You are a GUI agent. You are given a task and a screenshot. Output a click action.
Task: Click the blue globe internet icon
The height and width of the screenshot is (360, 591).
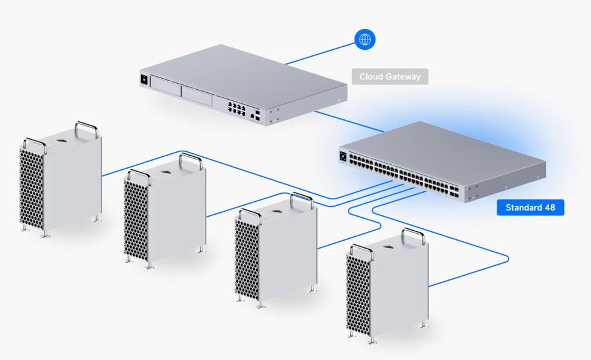[x=364, y=39]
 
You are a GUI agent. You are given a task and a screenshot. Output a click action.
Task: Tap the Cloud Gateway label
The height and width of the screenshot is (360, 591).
[x=390, y=76]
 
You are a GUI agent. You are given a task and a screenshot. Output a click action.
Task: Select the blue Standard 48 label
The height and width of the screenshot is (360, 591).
[x=530, y=207]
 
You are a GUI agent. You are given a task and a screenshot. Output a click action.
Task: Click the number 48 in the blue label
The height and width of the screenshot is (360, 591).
[x=550, y=207]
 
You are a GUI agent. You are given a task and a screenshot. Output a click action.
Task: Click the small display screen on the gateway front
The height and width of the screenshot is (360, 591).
[x=143, y=79]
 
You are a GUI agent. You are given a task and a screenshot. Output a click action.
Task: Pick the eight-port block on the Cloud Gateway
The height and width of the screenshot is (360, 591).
[x=236, y=108]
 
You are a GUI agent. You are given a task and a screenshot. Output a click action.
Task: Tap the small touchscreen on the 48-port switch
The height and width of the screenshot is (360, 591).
[x=343, y=156]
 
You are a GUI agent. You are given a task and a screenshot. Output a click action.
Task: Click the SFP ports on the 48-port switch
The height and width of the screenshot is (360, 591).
[x=454, y=191]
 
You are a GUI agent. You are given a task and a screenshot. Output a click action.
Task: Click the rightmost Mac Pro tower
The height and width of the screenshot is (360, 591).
[x=387, y=286]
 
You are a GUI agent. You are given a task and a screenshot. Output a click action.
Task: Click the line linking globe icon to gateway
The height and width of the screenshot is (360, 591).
[x=320, y=54]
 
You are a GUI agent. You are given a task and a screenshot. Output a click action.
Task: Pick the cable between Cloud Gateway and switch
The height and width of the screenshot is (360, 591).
[x=350, y=121]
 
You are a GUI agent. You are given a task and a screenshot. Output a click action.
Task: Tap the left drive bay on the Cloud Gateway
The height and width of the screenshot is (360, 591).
[x=166, y=86]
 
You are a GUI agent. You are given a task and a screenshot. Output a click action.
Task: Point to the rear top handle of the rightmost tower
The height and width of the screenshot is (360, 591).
[x=413, y=236]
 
